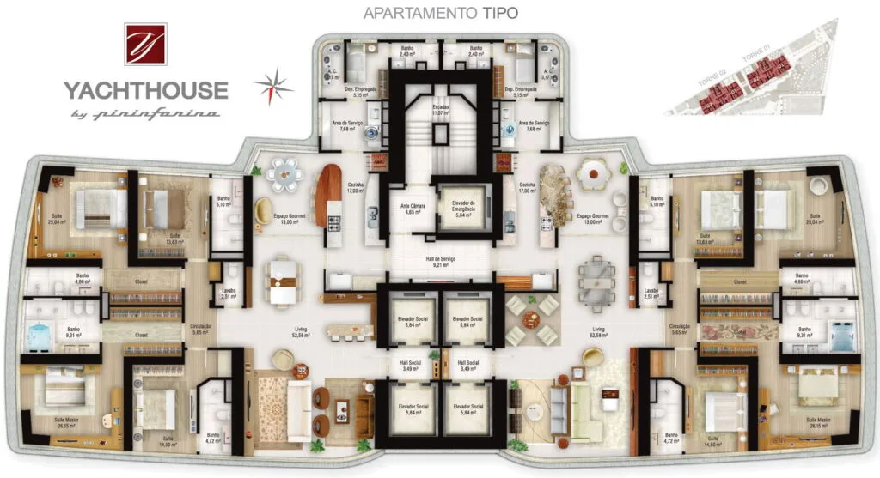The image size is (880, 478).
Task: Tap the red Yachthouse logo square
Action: pos(145,44)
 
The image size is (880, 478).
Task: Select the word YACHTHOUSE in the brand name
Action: pos(144,90)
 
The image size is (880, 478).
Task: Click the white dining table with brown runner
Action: pos(284,281)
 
